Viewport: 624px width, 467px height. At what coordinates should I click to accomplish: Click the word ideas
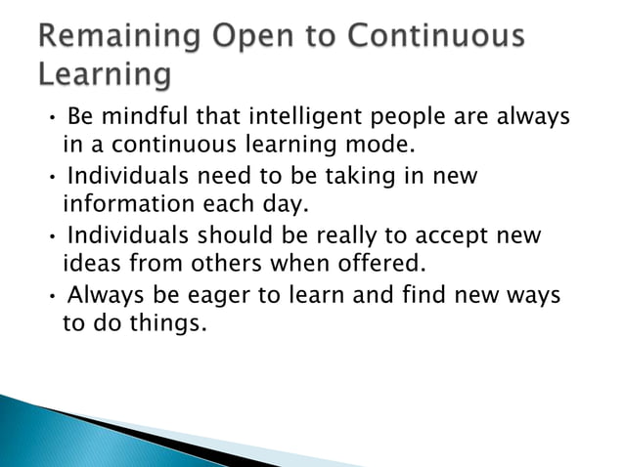(91, 265)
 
